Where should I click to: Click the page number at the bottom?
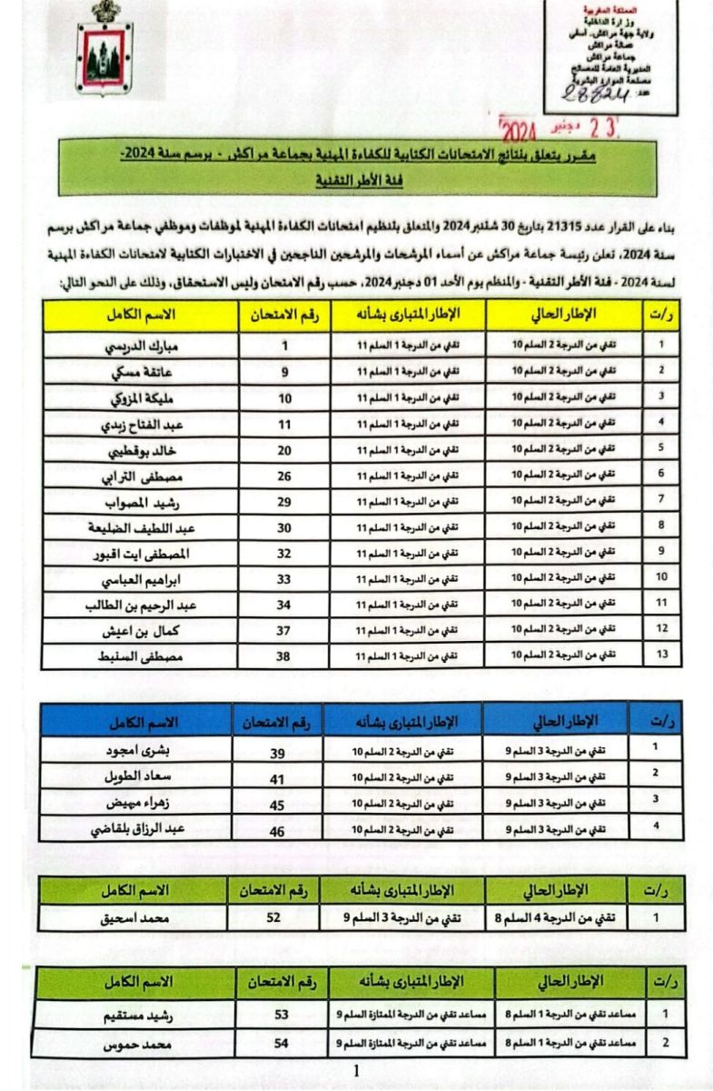coord(355,1072)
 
